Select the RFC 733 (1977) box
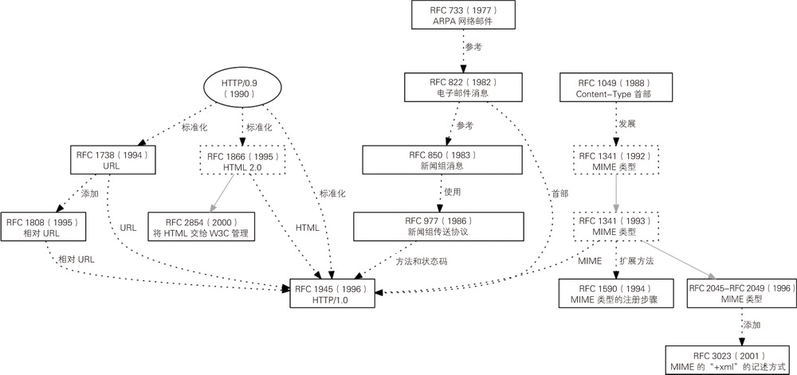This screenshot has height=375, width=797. (462, 14)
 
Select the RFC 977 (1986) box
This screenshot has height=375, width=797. (439, 225)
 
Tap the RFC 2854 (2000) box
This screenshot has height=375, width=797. (202, 226)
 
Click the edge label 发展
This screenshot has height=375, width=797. (628, 124)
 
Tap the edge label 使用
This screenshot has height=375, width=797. (452, 192)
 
